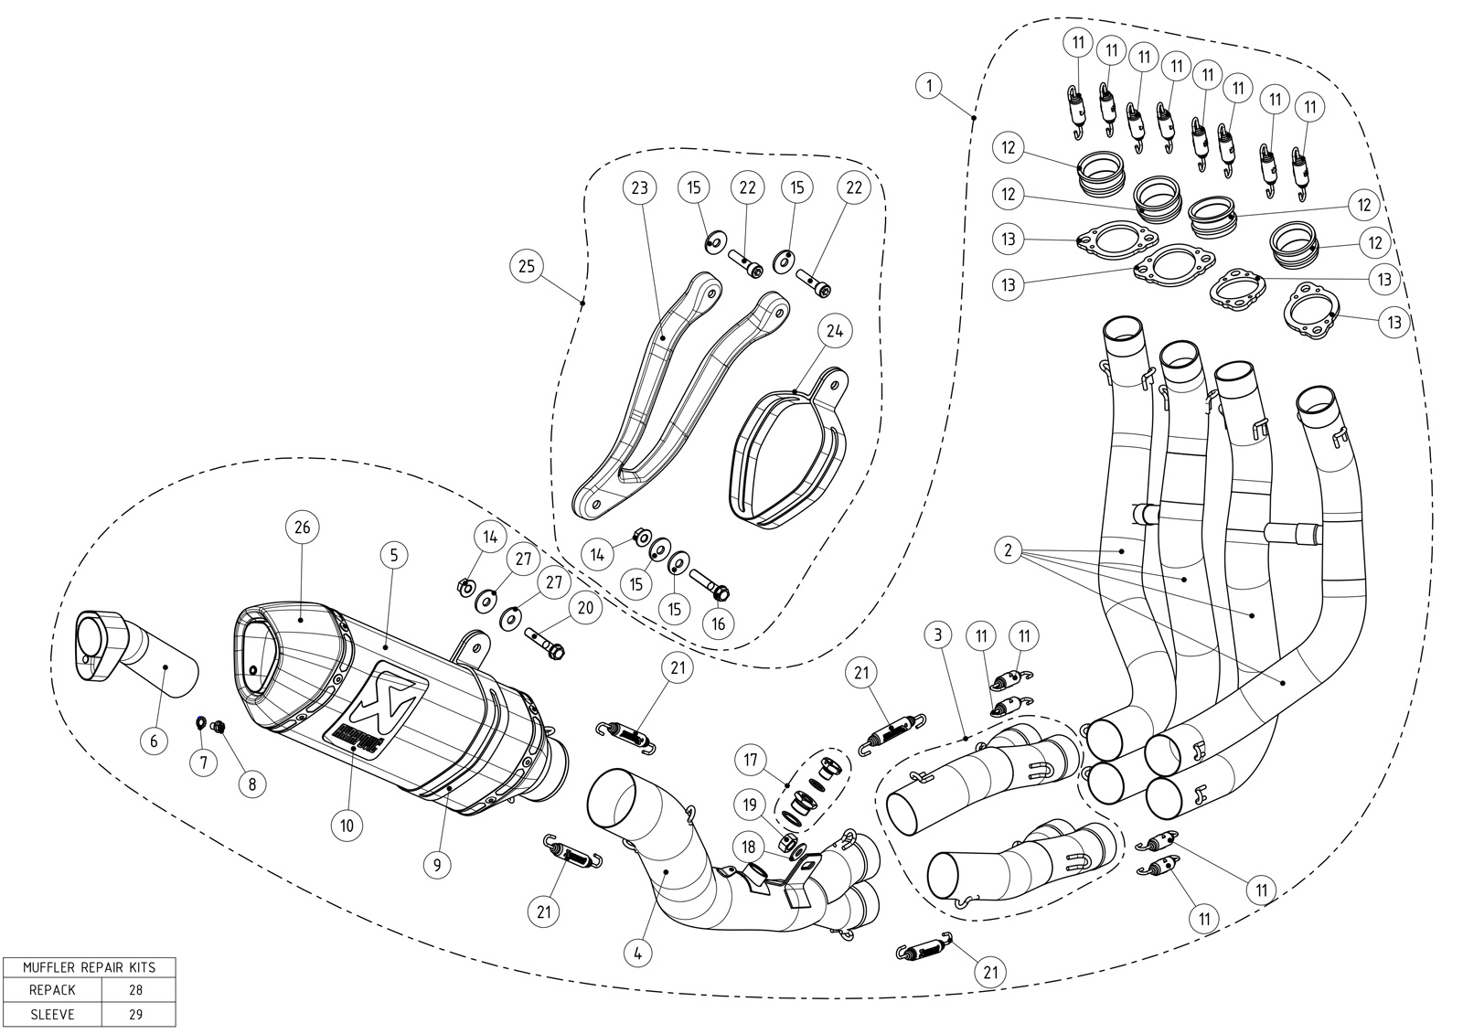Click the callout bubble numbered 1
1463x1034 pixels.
click(929, 87)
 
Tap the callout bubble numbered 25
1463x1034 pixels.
click(526, 266)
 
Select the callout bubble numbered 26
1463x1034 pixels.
click(303, 527)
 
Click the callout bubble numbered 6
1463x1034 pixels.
click(154, 740)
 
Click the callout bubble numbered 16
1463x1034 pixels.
click(719, 624)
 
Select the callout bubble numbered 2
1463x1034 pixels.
click(1008, 550)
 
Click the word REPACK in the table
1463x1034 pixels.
click(53, 989)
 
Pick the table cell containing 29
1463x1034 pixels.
click(136, 1014)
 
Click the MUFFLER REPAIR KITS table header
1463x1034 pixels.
click(89, 967)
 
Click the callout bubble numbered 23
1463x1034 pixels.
click(639, 189)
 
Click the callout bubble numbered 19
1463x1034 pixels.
click(749, 805)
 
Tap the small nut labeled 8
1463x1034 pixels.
click(219, 727)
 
